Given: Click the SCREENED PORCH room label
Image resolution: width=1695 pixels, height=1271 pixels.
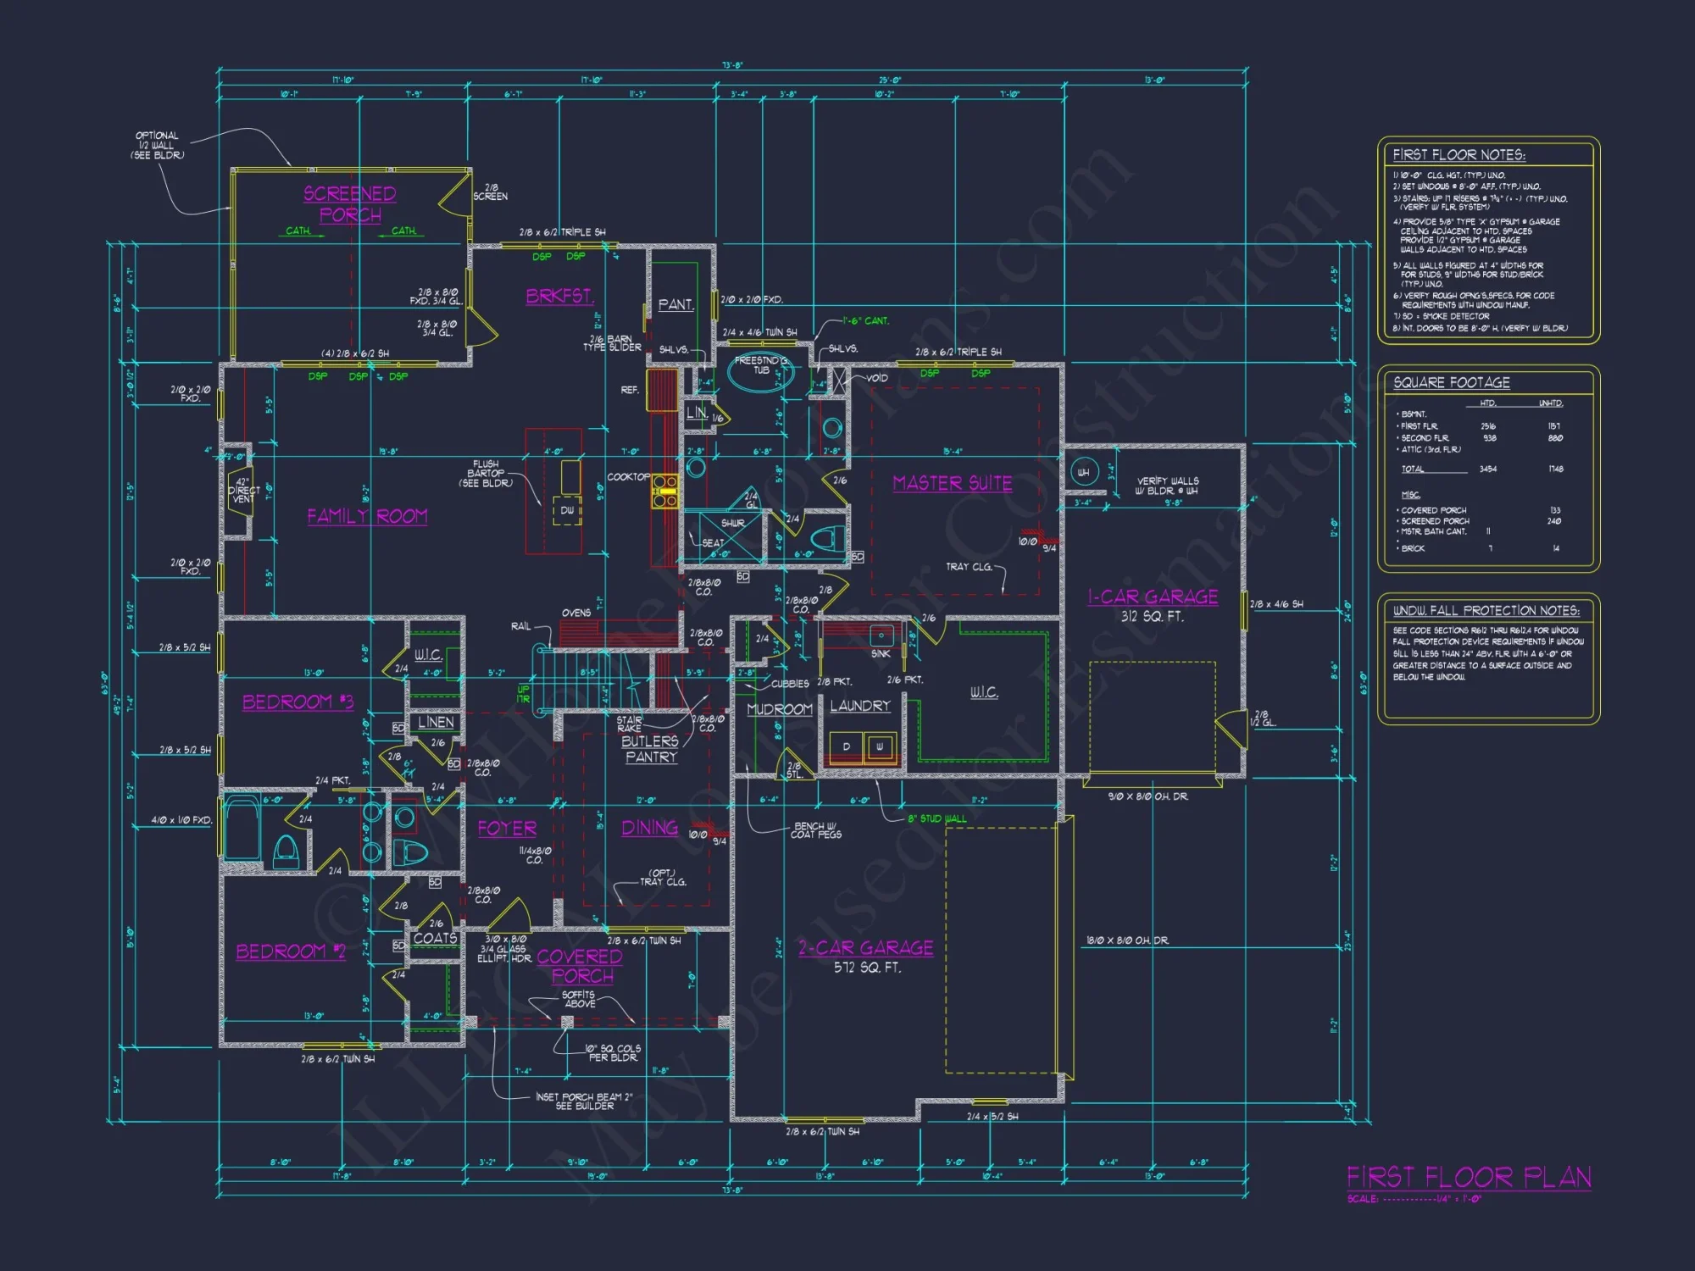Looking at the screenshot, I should tap(350, 204).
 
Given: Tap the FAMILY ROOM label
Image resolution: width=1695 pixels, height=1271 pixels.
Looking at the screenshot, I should tap(367, 516).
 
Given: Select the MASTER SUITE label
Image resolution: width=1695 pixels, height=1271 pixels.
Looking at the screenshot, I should tap(953, 483).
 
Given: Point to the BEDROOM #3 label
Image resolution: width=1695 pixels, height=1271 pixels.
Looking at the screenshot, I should tap(297, 702).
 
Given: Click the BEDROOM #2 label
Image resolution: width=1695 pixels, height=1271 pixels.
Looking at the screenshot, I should tap(291, 952).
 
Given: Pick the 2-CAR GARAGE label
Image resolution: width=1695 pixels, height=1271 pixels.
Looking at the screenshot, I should tap(865, 948).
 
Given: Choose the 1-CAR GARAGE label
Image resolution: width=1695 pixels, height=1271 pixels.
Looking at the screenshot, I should tap(1153, 597).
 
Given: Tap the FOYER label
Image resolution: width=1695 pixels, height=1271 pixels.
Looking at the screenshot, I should tap(507, 829).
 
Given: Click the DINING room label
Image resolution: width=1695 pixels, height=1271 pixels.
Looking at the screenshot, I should tap(649, 828).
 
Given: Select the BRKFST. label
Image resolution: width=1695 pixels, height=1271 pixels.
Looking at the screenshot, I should tap(559, 296).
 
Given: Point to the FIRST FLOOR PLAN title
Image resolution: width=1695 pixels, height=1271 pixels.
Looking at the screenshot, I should tap(1469, 1177).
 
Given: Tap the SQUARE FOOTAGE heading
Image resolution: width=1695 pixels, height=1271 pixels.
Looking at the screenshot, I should tap(1451, 383).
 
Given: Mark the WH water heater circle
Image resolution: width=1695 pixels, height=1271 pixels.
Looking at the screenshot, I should tap(1083, 472).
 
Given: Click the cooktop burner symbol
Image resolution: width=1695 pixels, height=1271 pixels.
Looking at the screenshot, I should tap(664, 491).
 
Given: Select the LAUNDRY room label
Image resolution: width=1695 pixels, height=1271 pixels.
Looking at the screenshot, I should tap(859, 706).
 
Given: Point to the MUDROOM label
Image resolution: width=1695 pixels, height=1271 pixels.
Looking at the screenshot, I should tap(779, 709).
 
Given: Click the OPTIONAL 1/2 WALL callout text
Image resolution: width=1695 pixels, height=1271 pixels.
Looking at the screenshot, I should tap(157, 145).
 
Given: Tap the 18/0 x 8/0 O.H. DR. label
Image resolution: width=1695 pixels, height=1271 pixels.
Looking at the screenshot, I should tap(1127, 941).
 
